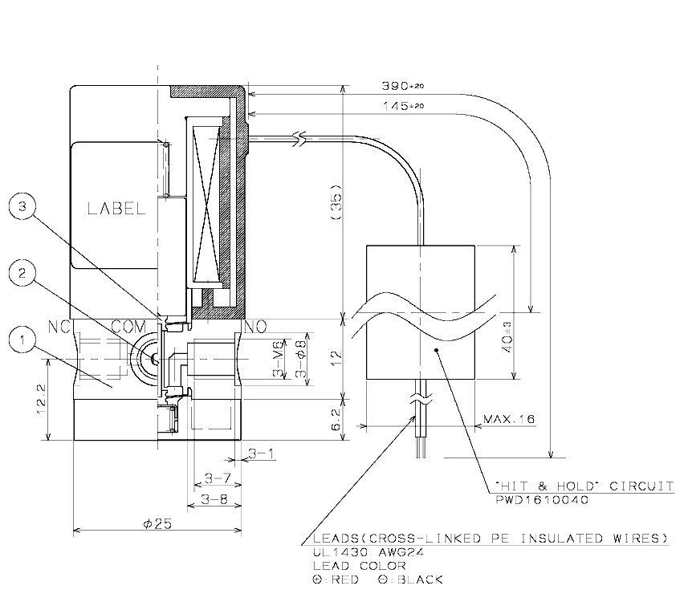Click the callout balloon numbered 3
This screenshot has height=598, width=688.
pos(22,207)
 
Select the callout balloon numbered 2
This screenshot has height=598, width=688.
pos(22,275)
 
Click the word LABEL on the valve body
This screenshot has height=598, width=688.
pos(116,209)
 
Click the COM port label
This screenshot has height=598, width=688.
pos(128,327)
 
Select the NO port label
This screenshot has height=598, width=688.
pos(255,327)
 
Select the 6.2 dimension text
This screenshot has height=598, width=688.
pos(337,418)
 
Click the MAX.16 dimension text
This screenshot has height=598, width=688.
pos(510,419)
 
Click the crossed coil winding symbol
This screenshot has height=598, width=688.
pos(208,201)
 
